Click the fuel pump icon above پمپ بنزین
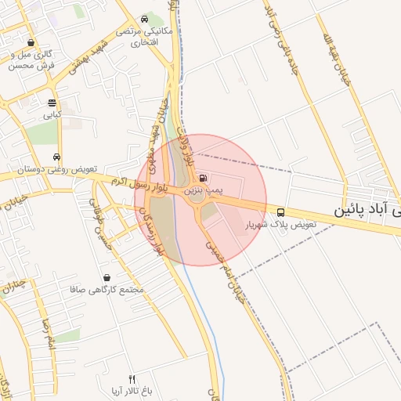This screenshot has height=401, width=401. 204,179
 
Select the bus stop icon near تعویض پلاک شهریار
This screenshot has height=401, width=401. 280,212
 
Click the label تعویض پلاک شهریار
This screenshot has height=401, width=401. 278,225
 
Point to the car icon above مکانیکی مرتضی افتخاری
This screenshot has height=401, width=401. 144,20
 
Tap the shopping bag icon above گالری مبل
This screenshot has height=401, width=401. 31,43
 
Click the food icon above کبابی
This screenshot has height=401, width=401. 52,103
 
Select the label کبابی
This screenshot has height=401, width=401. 52,114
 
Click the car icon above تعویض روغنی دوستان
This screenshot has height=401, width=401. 56,157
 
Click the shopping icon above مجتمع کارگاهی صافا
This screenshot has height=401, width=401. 107,277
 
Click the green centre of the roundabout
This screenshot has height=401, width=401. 196,200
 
